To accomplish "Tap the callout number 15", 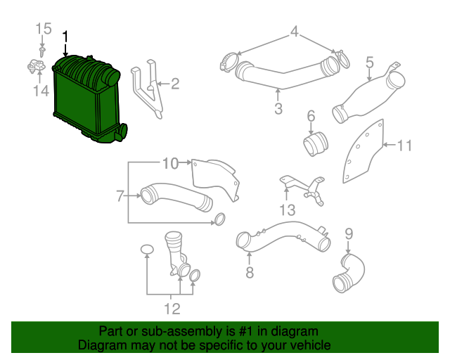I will pyautogui.click(x=44, y=29).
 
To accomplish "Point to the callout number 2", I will pyautogui.click(x=175, y=84).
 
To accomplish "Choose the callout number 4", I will pyautogui.click(x=295, y=32).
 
